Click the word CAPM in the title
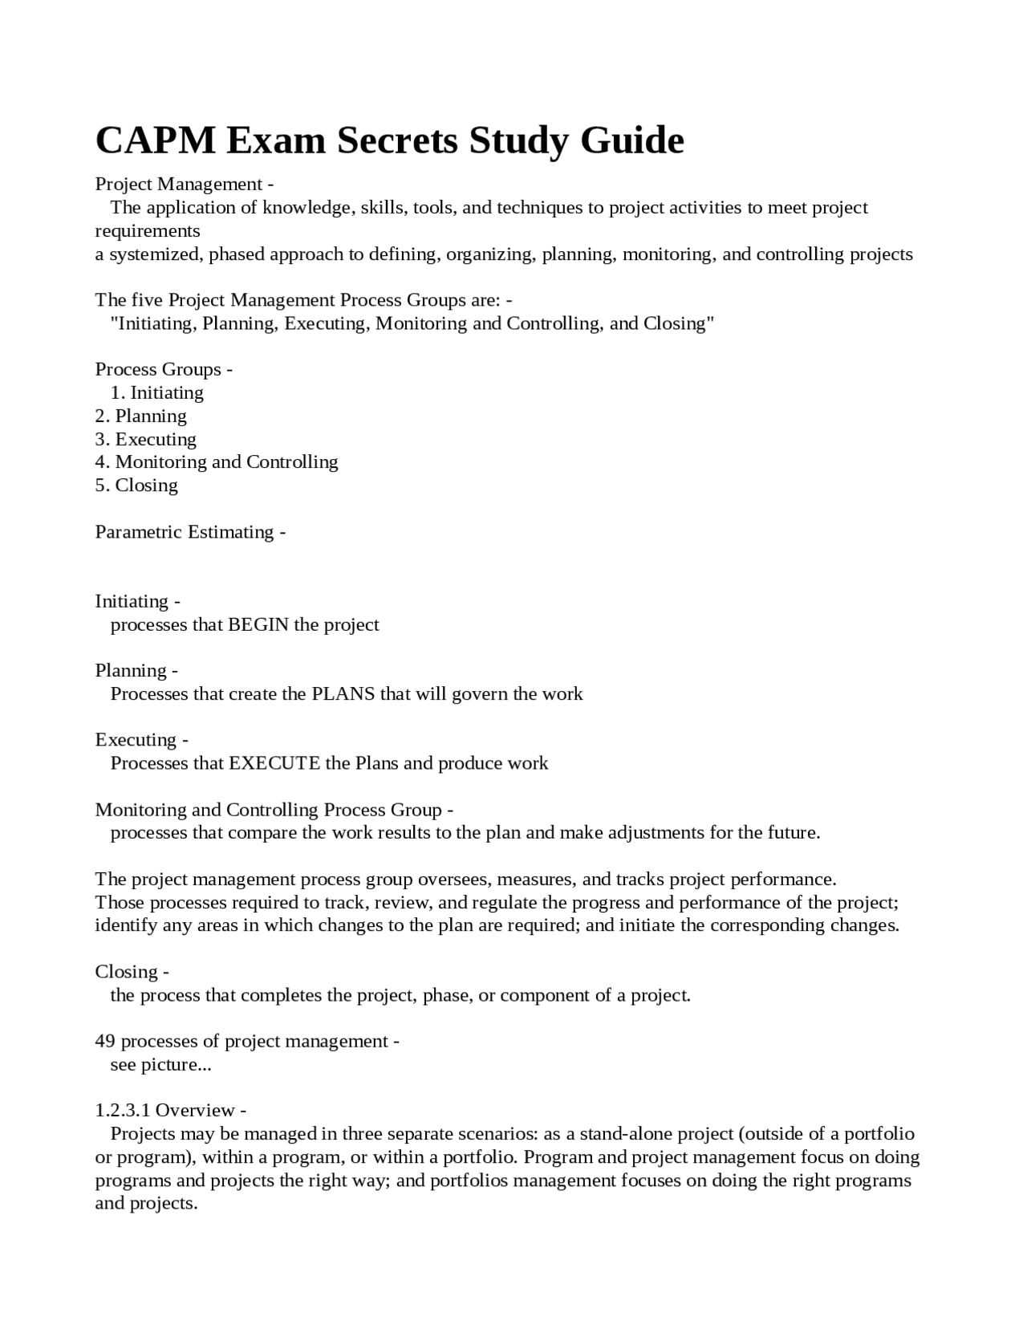coord(155,140)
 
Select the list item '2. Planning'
coord(140,416)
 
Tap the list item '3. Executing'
coord(145,439)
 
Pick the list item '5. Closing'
coord(136,485)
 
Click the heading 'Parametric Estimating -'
coord(190,532)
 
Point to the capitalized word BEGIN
coord(258,624)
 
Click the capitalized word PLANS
coord(343,693)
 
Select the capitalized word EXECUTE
coord(274,762)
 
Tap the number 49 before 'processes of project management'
coord(105,1041)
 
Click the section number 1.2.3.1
coord(123,1110)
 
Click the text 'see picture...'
coord(160,1064)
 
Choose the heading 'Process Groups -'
coord(164,369)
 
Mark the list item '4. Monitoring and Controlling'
coord(217,461)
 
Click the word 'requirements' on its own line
coord(148,231)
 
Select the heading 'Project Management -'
coord(185,184)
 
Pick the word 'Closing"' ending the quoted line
coord(678,323)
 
